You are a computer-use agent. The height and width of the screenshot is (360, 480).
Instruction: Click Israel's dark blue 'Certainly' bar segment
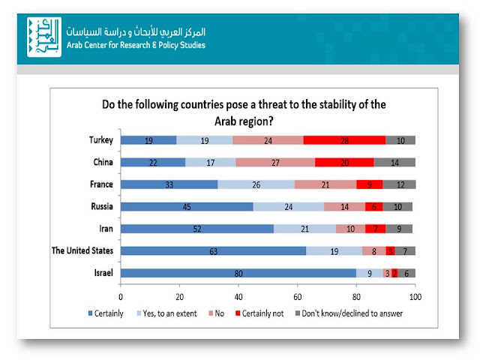(238, 274)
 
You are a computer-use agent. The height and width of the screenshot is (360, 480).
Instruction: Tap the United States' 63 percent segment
(214, 251)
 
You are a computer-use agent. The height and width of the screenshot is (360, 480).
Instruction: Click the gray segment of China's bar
(394, 162)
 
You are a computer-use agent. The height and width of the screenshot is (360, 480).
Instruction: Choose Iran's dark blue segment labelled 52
(197, 229)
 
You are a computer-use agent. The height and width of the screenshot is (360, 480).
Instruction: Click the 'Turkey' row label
(100, 139)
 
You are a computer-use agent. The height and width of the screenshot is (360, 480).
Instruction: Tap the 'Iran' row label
(105, 229)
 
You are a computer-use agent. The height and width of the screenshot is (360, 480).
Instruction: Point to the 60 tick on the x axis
(298, 296)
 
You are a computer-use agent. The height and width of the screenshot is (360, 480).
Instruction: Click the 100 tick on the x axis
(415, 296)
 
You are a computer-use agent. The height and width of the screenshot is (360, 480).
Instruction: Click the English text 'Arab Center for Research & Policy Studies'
(136, 44)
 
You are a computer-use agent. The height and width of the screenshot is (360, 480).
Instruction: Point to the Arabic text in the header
(135, 32)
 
